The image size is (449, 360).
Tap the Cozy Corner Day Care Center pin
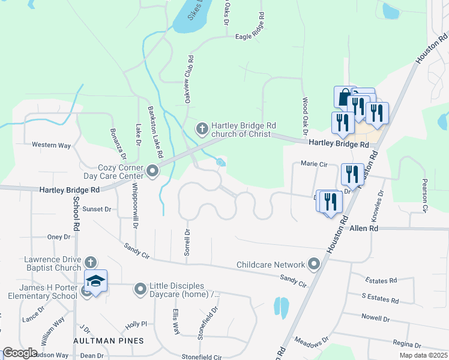click(x=152, y=172)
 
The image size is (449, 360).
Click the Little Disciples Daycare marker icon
click(x=140, y=290)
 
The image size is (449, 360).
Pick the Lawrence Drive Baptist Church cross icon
click(x=90, y=263)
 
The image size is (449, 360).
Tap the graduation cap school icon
click(x=95, y=281)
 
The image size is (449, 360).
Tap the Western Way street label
click(x=51, y=145)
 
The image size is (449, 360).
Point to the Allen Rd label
click(x=364, y=229)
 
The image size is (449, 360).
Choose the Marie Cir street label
click(x=314, y=163)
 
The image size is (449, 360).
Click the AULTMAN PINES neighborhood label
click(x=109, y=341)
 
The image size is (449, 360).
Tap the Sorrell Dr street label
click(x=187, y=243)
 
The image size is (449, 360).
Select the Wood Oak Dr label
click(x=305, y=116)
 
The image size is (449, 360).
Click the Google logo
click(x=20, y=353)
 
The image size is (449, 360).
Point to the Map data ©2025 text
click(x=423, y=355)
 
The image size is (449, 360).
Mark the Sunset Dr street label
click(x=97, y=209)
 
